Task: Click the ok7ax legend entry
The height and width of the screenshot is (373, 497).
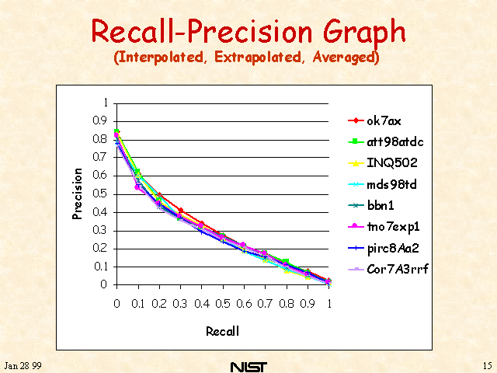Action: (374, 121)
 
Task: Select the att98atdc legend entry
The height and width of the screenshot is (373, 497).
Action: (386, 141)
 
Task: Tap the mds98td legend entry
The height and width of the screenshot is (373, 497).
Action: (382, 184)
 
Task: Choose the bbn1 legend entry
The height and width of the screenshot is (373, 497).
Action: (371, 205)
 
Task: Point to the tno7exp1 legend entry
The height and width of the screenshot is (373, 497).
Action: (384, 227)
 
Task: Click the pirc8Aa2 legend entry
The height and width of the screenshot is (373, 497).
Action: (383, 248)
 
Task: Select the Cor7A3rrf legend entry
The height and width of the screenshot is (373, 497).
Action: (388, 270)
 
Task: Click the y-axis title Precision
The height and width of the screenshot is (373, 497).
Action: (77, 193)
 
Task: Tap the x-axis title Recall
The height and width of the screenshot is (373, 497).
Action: (223, 331)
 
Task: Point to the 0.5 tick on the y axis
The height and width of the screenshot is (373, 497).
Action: (100, 193)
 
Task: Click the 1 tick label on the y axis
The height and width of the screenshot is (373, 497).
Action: (106, 103)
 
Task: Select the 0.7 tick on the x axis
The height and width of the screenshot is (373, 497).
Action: (265, 304)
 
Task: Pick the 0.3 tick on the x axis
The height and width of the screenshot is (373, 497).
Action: (180, 304)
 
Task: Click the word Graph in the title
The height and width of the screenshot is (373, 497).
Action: (364, 32)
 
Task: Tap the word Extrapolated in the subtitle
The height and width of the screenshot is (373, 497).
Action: (258, 58)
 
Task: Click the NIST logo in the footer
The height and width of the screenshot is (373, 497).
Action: (248, 367)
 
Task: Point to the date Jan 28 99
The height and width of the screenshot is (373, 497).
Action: (23, 366)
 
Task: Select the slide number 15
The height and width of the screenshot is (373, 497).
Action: (488, 366)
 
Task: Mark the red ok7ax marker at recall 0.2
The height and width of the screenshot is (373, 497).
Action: (159, 195)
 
